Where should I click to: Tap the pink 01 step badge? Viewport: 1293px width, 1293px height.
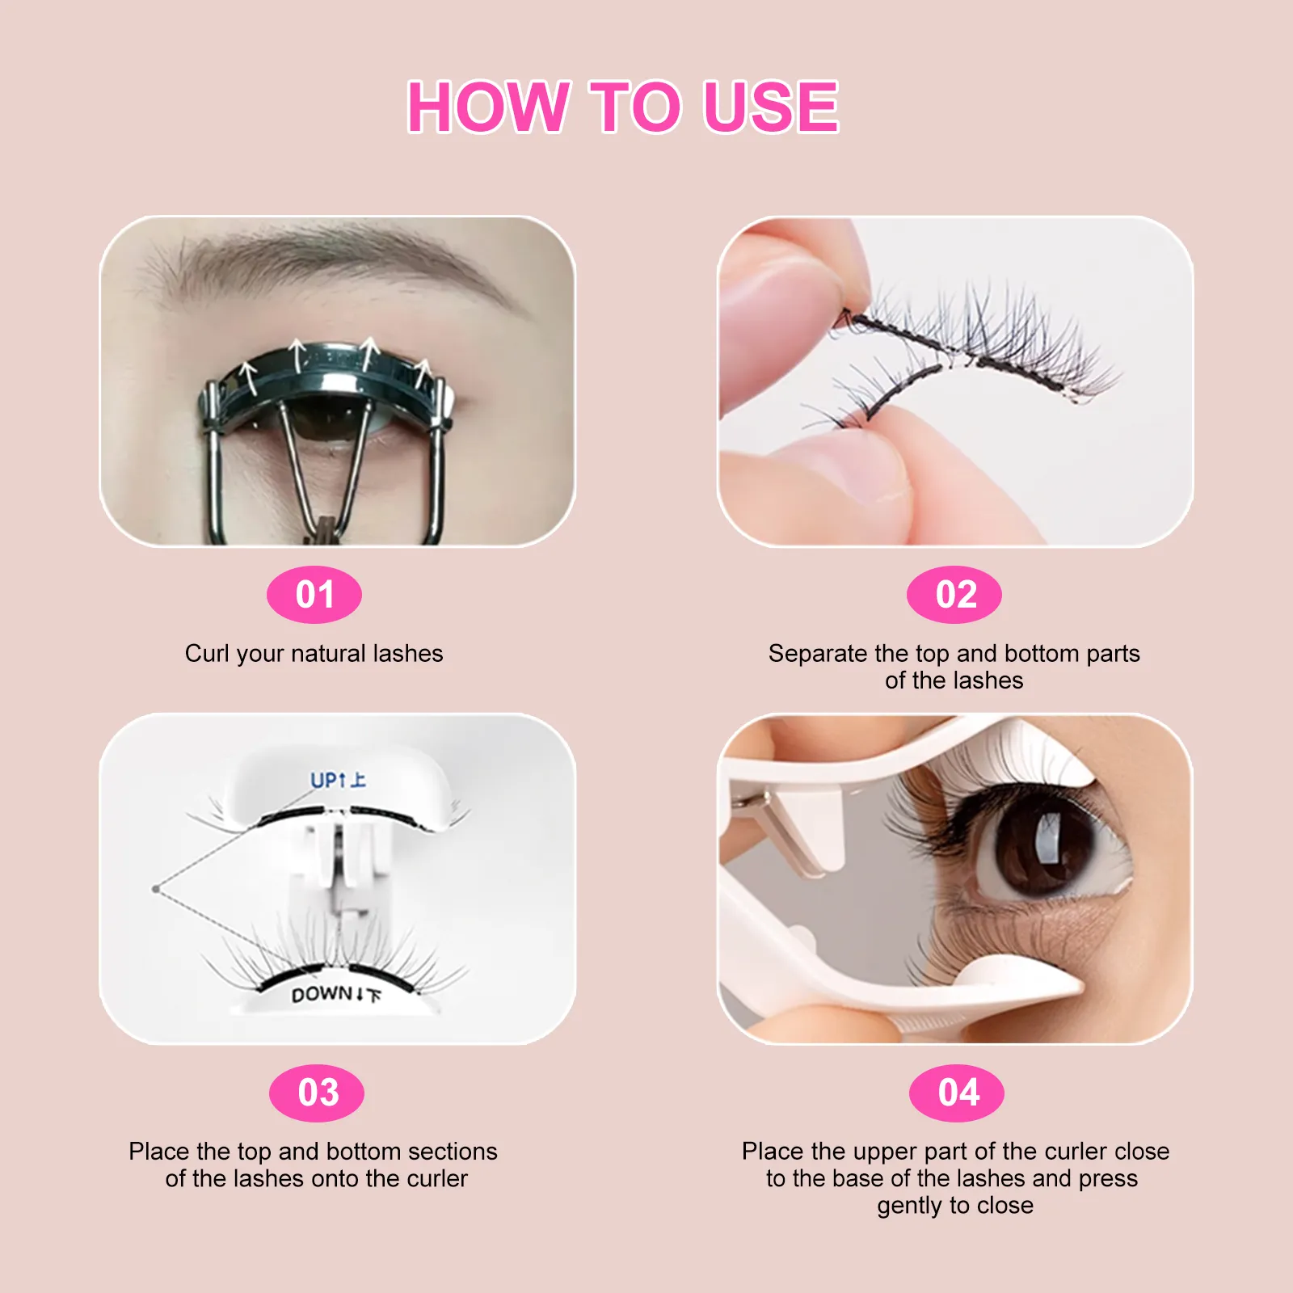pos(314,595)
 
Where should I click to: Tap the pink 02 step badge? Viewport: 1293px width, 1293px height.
pos(954,595)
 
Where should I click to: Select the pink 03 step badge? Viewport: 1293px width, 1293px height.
pos(317,1093)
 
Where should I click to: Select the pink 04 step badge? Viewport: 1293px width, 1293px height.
pos(957,1093)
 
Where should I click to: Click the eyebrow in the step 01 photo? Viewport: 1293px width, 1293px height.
pos(339,259)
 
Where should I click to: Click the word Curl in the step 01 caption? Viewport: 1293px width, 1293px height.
pos(207,653)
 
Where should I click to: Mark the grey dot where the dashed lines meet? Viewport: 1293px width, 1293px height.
pos(155,889)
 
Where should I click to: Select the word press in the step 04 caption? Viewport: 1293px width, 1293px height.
pos(1108,1178)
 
